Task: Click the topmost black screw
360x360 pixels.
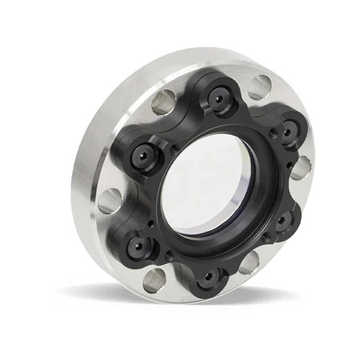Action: click(220, 99)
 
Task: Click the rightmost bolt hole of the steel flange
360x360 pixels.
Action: click(302, 168)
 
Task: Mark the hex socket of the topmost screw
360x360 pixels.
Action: click(220, 99)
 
